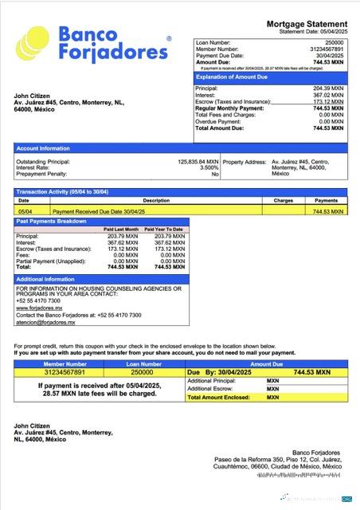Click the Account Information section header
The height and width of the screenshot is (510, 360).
tap(44, 148)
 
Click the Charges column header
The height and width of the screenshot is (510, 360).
tap(284, 201)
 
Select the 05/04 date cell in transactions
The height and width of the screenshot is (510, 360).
tap(24, 212)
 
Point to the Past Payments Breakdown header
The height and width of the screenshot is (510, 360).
tap(52, 222)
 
